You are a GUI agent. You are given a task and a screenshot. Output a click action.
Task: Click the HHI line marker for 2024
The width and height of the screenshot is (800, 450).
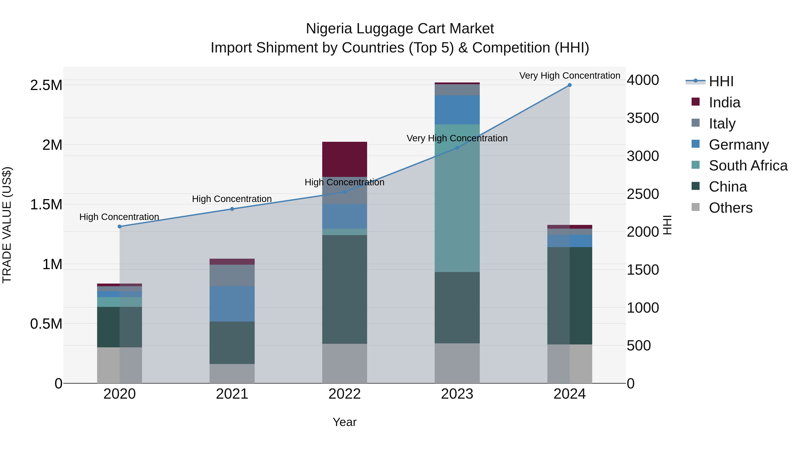569,85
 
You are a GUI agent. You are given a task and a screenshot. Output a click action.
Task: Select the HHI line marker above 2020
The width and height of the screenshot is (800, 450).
120,226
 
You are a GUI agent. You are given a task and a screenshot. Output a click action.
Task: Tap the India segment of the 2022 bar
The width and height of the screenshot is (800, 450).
344,159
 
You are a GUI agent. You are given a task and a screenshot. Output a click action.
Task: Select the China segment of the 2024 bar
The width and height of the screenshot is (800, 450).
569,295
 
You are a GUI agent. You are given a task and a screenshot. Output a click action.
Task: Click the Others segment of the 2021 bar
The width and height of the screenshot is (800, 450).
232,373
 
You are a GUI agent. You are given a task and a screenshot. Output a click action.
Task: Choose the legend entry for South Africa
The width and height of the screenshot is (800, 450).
748,166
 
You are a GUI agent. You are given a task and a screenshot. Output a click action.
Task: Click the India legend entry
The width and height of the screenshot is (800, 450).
724,102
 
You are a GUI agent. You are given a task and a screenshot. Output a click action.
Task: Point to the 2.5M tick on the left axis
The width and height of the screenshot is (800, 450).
46,85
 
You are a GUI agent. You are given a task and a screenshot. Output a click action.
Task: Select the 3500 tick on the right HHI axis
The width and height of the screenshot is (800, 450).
642,118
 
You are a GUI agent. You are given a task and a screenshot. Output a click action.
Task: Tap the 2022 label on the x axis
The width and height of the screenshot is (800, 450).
344,394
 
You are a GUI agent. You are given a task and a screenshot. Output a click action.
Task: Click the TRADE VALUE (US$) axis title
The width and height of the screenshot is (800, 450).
7,225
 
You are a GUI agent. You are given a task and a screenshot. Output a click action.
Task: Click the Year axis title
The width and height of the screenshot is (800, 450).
344,422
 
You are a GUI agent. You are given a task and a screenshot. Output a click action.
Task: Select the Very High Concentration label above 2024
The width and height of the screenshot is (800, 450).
569,76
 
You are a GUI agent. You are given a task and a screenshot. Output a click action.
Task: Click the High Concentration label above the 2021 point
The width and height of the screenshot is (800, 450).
232,199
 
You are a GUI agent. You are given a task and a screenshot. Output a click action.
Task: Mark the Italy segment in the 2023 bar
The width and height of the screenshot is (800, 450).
457,90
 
